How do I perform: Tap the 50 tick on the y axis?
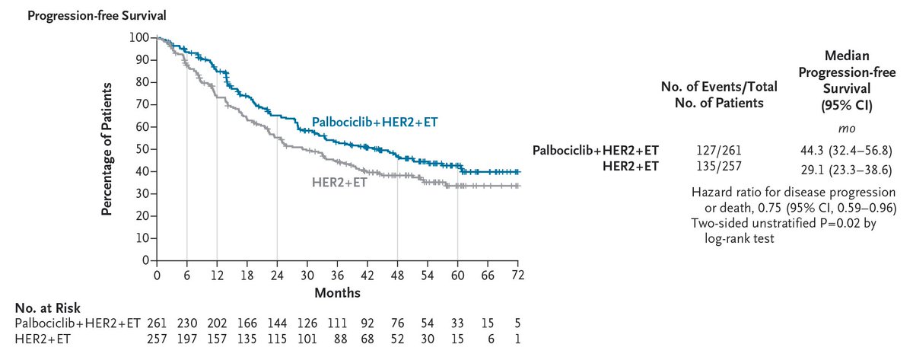[x=141, y=149]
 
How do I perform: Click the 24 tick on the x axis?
[x=277, y=275]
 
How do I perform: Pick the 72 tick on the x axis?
[x=518, y=275]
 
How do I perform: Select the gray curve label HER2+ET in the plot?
[x=339, y=183]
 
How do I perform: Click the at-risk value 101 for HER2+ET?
[x=307, y=339]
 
